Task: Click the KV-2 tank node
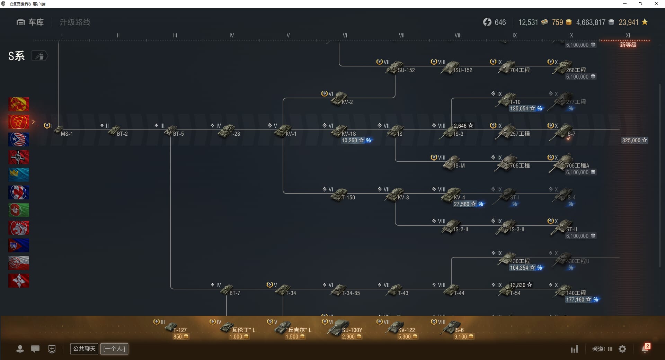coord(339,99)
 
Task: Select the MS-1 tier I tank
coord(60,131)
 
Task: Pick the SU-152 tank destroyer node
coord(395,67)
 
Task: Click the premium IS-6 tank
coord(451,327)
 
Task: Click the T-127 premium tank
coord(171,327)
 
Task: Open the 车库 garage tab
coord(30,22)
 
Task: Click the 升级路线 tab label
coord(75,22)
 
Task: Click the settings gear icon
coord(622,349)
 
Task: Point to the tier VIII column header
coord(458,35)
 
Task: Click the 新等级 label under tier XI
coord(628,45)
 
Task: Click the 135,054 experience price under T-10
coord(519,109)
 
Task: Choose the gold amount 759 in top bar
coord(557,22)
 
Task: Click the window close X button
coord(656,4)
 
